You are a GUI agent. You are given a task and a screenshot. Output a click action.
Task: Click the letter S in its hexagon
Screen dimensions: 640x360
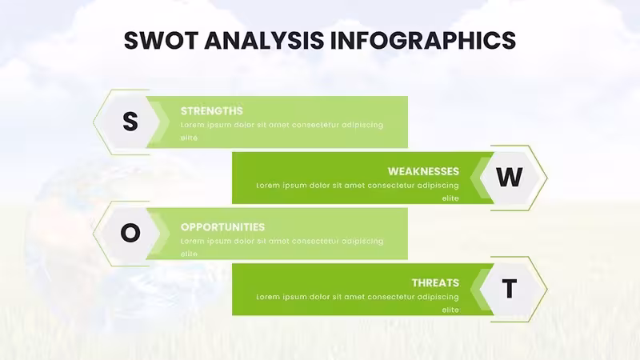click(130, 122)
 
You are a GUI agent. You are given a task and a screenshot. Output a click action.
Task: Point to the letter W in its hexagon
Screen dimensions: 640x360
click(510, 177)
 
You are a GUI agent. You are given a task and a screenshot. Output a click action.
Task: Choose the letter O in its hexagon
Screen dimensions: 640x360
click(130, 233)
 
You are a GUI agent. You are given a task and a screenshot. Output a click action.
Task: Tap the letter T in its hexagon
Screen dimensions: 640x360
click(510, 289)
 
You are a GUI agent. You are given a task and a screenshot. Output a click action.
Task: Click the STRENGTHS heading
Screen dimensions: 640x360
click(211, 111)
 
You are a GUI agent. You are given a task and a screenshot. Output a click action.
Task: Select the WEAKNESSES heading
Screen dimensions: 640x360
click(423, 171)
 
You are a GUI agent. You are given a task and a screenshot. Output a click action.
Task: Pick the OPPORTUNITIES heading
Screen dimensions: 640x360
click(222, 227)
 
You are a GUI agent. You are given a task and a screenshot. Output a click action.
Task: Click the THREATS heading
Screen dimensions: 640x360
click(435, 283)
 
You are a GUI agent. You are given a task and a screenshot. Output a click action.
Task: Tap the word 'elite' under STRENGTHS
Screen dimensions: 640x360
click(189, 138)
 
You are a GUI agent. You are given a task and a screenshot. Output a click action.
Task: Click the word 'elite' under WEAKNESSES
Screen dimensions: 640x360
click(450, 198)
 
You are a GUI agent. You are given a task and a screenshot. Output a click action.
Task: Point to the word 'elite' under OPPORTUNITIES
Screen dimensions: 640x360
click(189, 254)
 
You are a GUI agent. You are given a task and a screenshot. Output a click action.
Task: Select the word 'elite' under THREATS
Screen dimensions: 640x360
click(450, 310)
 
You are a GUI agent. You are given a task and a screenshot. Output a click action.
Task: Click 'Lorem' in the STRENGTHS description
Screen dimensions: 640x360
click(192, 125)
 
